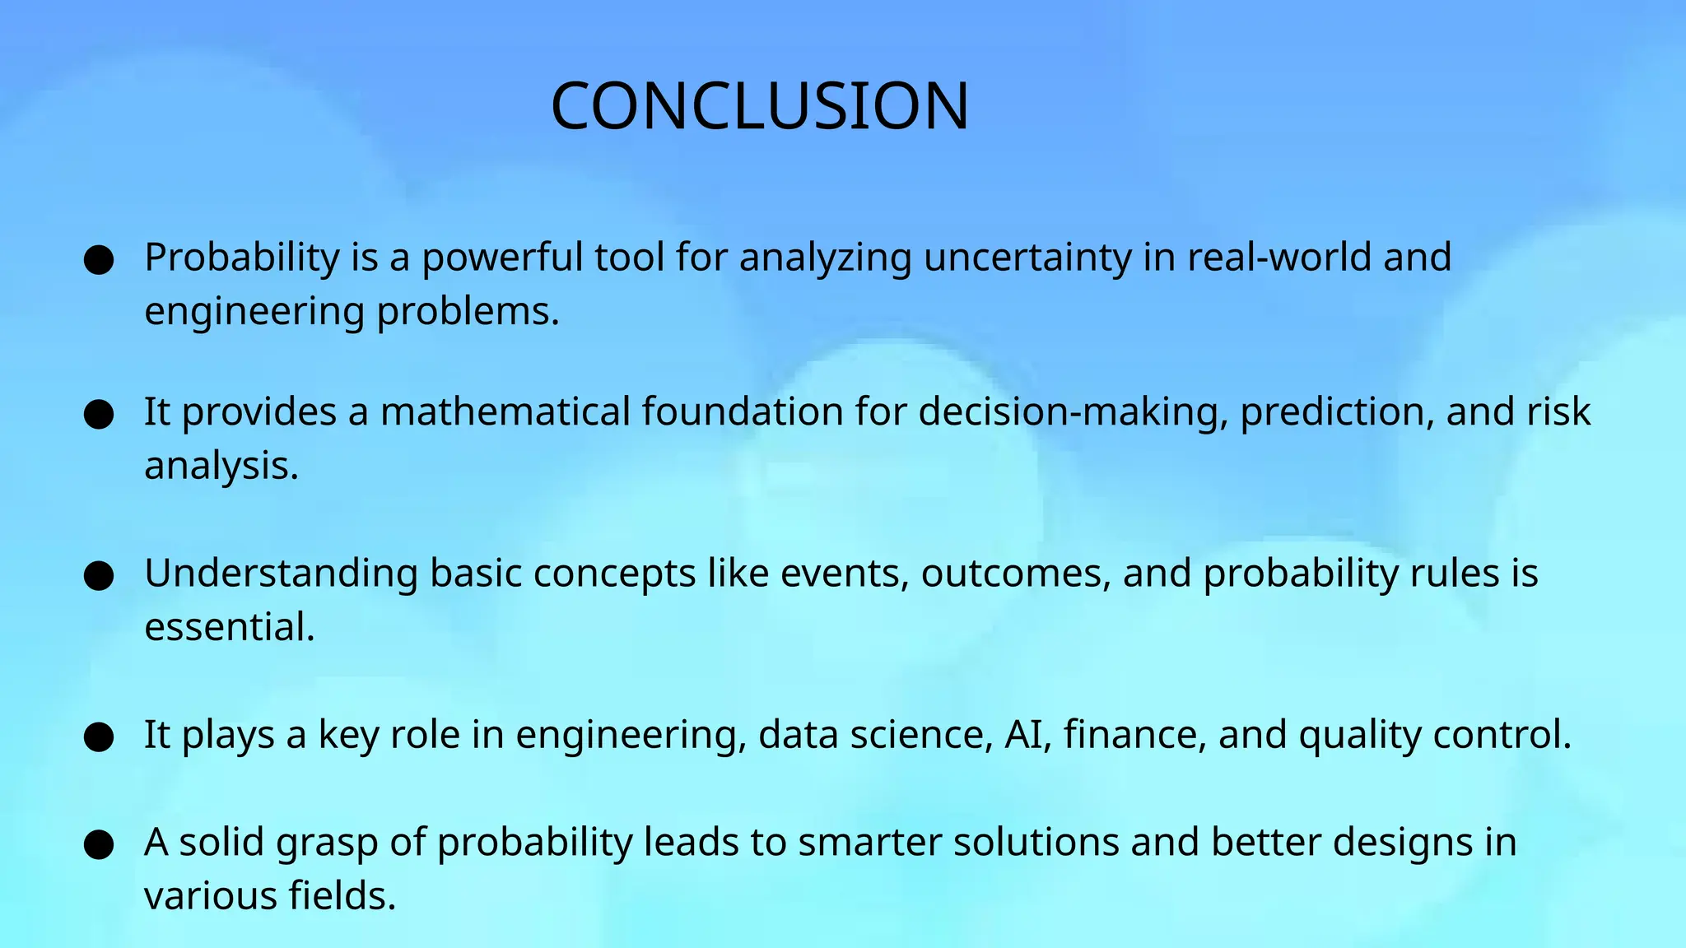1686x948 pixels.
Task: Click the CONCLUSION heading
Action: pyautogui.click(x=760, y=106)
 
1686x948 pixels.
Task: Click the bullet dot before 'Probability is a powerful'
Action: pyautogui.click(x=99, y=260)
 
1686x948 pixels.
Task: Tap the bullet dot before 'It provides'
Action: pyautogui.click(x=99, y=414)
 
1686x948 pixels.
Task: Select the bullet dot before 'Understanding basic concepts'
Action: pyautogui.click(x=99, y=576)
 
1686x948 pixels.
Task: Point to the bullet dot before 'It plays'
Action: pyautogui.click(x=99, y=737)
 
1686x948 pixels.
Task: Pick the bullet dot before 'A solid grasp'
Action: pyautogui.click(x=99, y=845)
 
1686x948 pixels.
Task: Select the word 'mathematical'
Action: pyautogui.click(x=505, y=411)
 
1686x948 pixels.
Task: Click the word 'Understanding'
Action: pyautogui.click(x=281, y=574)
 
